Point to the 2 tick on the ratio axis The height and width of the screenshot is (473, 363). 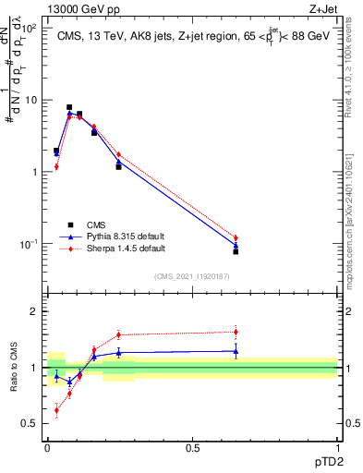[34, 311]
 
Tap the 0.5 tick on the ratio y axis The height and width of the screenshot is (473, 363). [30, 423]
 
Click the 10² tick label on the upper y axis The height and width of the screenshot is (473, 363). [29, 28]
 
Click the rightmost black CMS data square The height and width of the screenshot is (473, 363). [236, 251]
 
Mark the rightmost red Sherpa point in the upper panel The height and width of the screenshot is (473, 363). [236, 238]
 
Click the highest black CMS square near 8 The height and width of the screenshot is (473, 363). [69, 107]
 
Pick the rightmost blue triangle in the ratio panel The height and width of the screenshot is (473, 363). [236, 351]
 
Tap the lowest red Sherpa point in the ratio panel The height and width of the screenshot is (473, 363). [56, 410]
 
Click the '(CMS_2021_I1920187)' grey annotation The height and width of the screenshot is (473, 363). [192, 275]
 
